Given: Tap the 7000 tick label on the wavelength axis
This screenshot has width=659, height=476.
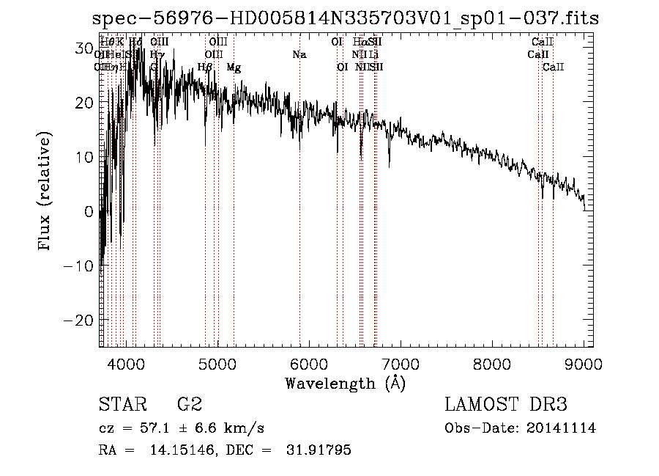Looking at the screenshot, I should click(400, 363).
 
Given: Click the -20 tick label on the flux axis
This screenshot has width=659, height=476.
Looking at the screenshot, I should click(78, 321).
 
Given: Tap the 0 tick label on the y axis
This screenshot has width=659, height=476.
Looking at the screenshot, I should click(89, 212).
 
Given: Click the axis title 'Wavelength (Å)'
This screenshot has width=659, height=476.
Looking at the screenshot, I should click(345, 383).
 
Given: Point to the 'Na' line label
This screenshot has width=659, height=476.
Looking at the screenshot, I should click(299, 54).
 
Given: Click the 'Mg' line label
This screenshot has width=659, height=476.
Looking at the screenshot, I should click(234, 67).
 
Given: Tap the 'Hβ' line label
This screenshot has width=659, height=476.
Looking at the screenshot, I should click(205, 67).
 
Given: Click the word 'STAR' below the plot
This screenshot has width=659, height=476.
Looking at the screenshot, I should click(122, 405).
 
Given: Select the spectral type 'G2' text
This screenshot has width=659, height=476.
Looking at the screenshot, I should click(189, 405).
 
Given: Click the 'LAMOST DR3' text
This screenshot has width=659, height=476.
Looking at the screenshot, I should click(505, 405).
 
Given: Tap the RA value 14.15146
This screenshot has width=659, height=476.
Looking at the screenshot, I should click(182, 450).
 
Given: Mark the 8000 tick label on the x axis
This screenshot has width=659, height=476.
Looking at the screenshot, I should click(491, 363).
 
